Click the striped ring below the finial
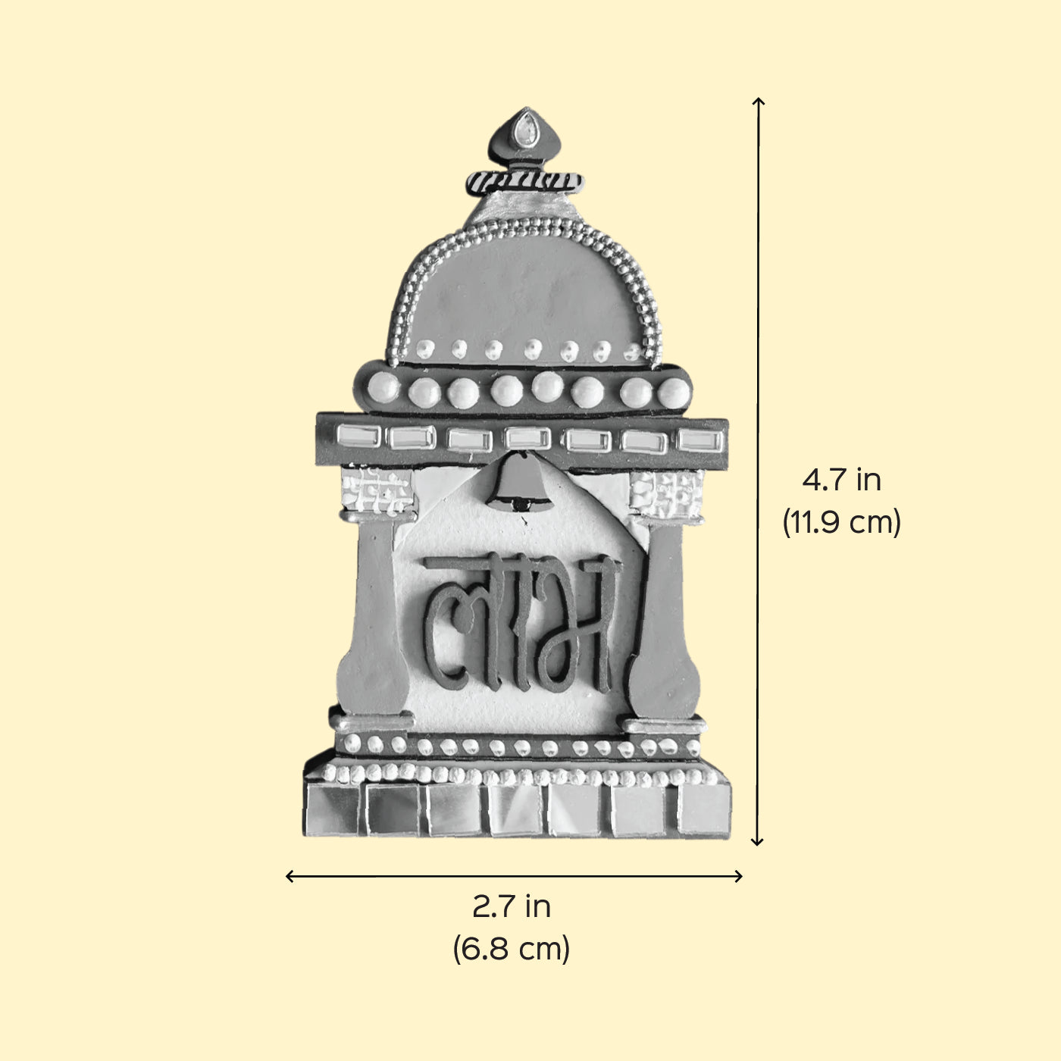tap(524, 182)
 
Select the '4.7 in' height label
tap(840, 480)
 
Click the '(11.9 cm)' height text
tap(841, 522)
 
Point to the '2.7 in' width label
tap(512, 906)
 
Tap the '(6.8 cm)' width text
tap(512, 949)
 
